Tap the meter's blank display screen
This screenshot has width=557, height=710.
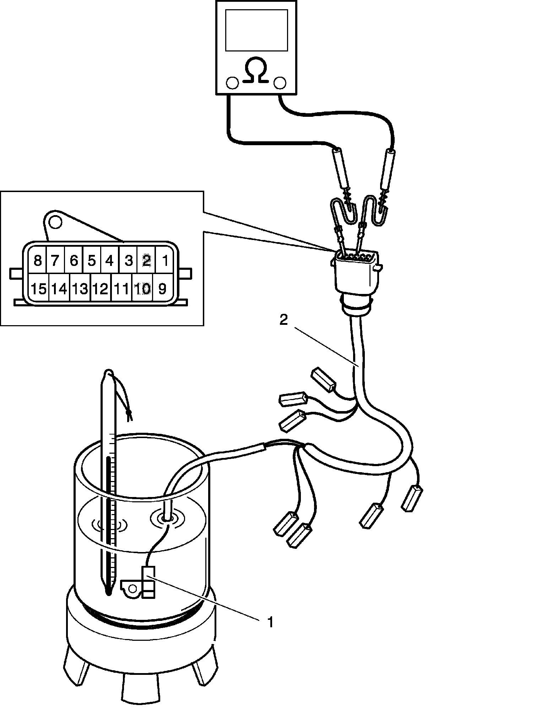pyautogui.click(x=256, y=30)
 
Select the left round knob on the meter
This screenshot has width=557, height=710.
pyautogui.click(x=232, y=83)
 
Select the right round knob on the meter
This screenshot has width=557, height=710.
pyautogui.click(x=280, y=83)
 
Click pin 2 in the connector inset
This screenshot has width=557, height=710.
pyautogui.click(x=146, y=261)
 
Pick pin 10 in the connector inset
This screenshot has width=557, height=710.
pyautogui.click(x=142, y=289)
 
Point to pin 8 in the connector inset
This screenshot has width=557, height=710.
pyautogui.click(x=37, y=261)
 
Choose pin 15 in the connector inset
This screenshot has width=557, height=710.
pyautogui.click(x=38, y=289)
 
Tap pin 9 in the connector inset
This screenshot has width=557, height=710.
pyautogui.click(x=162, y=289)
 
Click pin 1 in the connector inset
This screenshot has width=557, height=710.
pyautogui.click(x=165, y=261)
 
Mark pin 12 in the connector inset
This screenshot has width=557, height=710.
pyautogui.click(x=100, y=289)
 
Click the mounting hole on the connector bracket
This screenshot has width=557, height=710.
pyautogui.click(x=55, y=222)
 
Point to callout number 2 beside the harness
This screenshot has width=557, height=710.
pyautogui.click(x=283, y=320)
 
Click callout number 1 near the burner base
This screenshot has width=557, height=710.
pyautogui.click(x=270, y=622)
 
